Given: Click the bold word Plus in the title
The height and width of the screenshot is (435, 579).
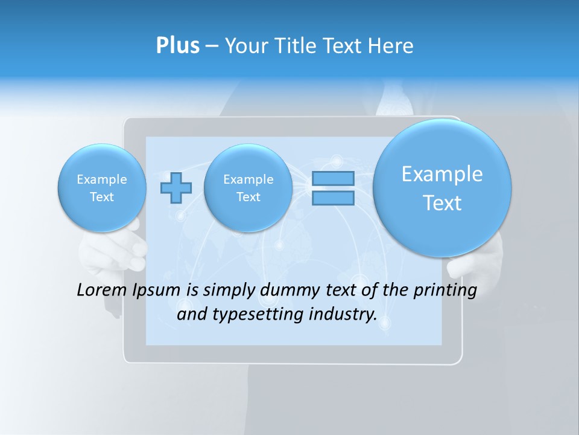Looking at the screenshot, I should [x=178, y=46].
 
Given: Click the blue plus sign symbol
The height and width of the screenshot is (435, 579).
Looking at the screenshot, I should [x=176, y=188].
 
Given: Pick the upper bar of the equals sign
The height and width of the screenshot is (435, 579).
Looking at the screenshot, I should [x=333, y=178].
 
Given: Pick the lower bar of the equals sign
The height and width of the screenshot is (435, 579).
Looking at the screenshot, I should [x=333, y=198].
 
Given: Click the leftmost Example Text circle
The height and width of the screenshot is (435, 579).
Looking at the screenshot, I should [x=102, y=188].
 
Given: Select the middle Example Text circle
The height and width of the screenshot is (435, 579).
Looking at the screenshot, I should [x=248, y=188].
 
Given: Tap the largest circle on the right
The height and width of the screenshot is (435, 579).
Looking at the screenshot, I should [x=442, y=188].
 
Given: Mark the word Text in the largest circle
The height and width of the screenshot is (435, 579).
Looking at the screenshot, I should [x=442, y=203].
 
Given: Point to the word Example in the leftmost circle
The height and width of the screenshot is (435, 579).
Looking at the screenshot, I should [x=102, y=179].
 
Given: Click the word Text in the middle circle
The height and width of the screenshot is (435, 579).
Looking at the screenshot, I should [x=248, y=197].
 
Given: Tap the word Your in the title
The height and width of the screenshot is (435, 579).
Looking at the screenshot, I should [x=245, y=46].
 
